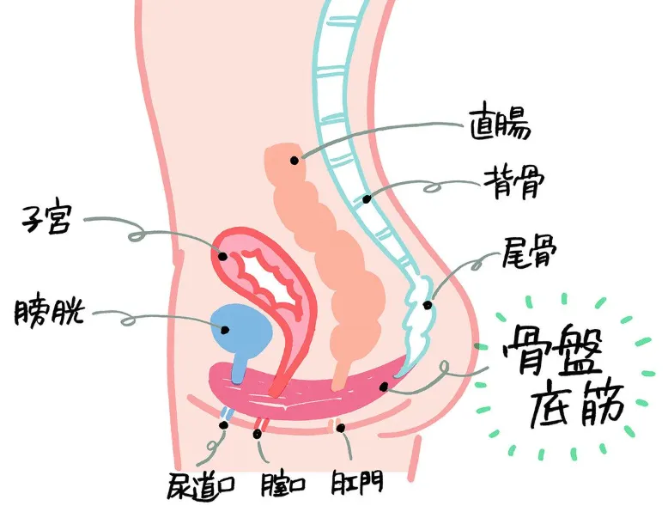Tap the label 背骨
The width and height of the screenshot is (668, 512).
[x=513, y=183]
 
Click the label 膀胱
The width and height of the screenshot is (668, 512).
[x=48, y=311]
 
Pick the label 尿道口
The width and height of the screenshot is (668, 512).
[x=201, y=486]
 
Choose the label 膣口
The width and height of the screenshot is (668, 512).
[x=282, y=485]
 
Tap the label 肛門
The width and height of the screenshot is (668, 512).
[x=357, y=482]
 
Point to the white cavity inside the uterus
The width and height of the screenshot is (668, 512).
[x=267, y=277]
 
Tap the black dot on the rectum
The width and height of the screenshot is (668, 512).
[x=295, y=161]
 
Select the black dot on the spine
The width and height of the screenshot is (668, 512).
[x=367, y=198]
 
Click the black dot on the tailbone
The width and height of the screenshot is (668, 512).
[x=428, y=305]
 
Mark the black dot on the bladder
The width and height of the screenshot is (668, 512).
[x=225, y=330]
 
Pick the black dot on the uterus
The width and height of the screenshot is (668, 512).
[x=222, y=256]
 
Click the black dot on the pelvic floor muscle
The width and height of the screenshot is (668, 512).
[x=384, y=387]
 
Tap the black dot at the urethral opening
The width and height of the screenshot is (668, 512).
[x=223, y=425]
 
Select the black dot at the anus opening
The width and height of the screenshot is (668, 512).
[x=340, y=428]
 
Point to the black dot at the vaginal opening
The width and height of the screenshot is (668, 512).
[x=257, y=434]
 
